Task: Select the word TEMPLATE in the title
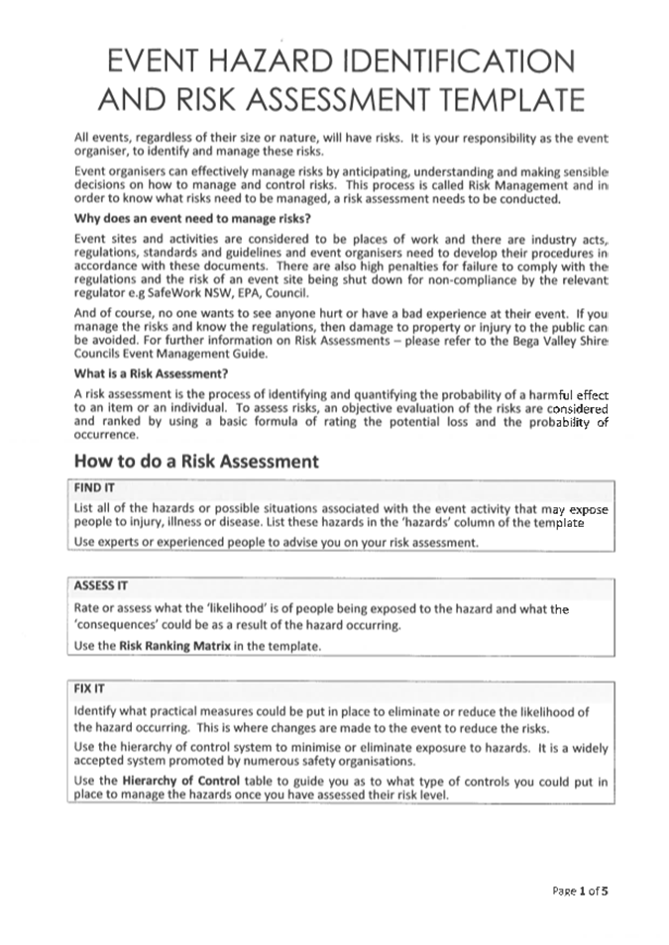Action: [x=502, y=100]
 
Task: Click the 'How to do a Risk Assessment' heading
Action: [x=196, y=461]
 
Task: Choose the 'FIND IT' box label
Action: [x=95, y=487]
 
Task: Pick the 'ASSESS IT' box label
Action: [x=101, y=584]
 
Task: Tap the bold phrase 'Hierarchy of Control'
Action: [x=175, y=781]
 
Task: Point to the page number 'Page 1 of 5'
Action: [x=580, y=890]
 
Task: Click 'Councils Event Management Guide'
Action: [x=165, y=355]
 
